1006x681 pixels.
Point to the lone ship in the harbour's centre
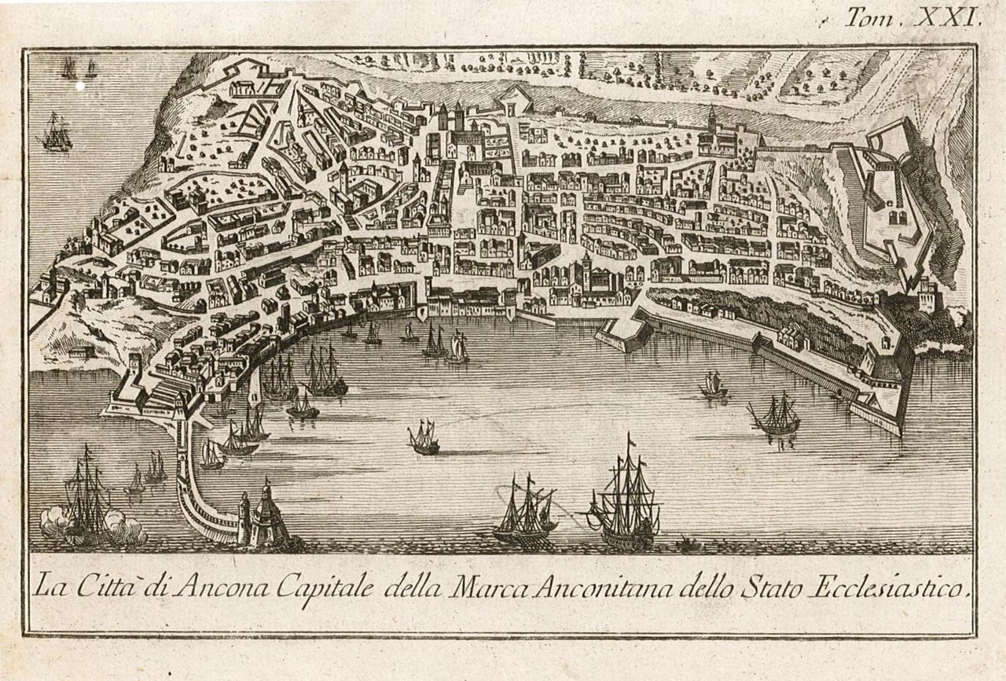coord(424,437)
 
